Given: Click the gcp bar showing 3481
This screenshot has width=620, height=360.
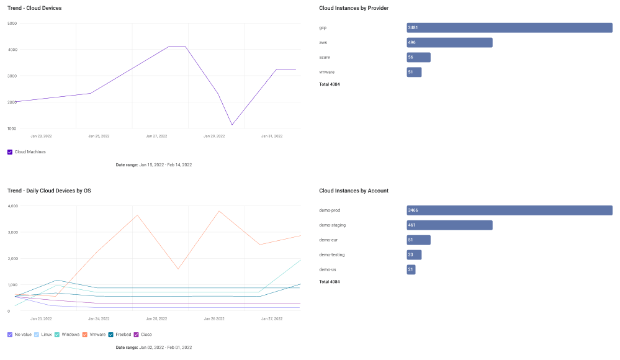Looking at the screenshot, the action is [510, 28].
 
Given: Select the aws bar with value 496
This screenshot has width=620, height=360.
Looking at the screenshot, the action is [449, 42].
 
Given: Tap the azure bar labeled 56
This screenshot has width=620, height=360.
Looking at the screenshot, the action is [418, 57].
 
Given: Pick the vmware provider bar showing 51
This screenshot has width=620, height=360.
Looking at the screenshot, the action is [414, 72].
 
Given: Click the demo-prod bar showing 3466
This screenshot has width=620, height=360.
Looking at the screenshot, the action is [510, 210].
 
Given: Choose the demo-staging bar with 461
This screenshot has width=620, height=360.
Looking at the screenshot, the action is [449, 225].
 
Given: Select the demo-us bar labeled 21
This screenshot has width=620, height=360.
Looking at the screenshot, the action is [411, 269].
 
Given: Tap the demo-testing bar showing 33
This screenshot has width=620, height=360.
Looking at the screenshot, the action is [414, 254].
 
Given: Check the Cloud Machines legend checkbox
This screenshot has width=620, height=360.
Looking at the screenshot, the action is [10, 152].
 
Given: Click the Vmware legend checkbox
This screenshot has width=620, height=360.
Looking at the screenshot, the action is [84, 335].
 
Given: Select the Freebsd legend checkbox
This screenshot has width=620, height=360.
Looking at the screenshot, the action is [110, 335].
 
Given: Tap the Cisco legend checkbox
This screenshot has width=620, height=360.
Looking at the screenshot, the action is [136, 335].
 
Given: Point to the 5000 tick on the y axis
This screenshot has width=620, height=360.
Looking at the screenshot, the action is [12, 24].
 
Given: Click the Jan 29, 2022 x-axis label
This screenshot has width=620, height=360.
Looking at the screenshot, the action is [214, 136].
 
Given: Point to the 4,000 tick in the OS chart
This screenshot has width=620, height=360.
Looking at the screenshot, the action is [12, 206].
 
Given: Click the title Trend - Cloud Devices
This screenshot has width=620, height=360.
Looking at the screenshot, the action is [34, 8].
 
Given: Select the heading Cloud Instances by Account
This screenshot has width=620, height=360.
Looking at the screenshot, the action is [354, 191].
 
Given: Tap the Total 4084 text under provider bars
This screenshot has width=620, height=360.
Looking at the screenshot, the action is [330, 84].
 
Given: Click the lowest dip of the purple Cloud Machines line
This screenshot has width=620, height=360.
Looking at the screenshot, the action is [232, 125].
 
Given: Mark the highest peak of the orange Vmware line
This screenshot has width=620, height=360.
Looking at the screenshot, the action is [219, 211].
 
